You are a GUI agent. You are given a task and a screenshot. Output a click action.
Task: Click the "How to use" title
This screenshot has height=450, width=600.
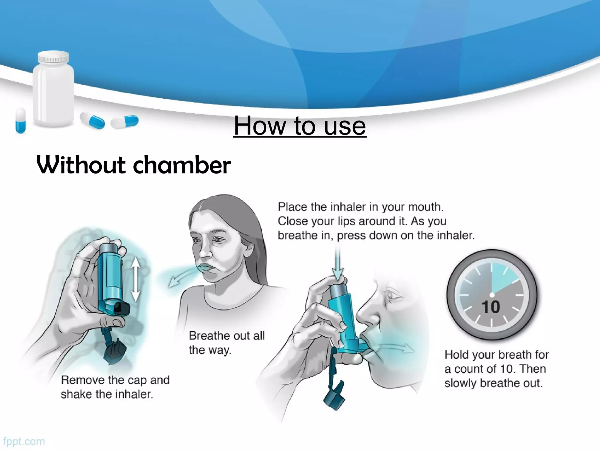pyautogui.click(x=300, y=126)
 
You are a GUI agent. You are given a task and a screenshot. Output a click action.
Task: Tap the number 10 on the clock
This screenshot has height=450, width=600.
pyautogui.click(x=490, y=307)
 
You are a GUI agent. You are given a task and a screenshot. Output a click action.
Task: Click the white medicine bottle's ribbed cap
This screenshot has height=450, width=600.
pyautogui.click(x=54, y=58)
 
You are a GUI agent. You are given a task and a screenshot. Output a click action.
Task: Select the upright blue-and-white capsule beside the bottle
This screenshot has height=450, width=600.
pyautogui.click(x=21, y=120)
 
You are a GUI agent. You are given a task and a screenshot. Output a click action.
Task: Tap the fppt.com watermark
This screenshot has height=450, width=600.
pyautogui.click(x=24, y=441)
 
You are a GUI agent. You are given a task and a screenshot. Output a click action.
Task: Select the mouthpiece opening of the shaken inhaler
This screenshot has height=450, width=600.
pyautogui.click(x=121, y=308)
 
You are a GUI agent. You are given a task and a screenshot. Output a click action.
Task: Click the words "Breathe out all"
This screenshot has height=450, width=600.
pyautogui.click(x=227, y=336)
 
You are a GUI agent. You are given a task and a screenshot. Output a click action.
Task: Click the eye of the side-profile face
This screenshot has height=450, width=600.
pyautogui.click(x=391, y=295)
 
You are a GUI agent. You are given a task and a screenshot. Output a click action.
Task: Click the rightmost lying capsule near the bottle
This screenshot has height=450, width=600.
pyautogui.click(x=125, y=122)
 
